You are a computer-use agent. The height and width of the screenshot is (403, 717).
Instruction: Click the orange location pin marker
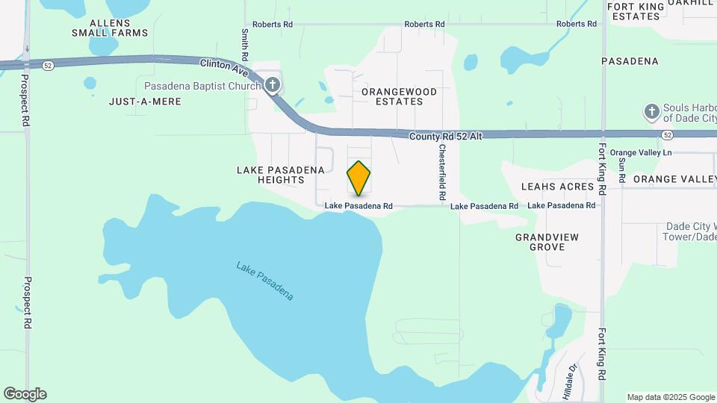click(x=359, y=178)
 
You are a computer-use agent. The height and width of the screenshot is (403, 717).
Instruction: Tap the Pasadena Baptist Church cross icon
click(x=273, y=85)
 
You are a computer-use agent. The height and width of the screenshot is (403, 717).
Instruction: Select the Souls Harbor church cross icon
click(x=651, y=113)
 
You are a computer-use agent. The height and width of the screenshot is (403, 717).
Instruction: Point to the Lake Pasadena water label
click(x=264, y=281)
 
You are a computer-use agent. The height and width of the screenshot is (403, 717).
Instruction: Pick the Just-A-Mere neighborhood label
click(x=145, y=101)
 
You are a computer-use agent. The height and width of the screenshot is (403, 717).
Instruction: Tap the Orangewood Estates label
click(x=399, y=96)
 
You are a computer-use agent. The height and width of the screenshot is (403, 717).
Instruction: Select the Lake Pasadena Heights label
click(x=281, y=175)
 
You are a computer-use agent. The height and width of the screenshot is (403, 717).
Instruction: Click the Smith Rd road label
click(x=245, y=45)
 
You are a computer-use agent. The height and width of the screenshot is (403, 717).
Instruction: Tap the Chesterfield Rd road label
click(x=442, y=172)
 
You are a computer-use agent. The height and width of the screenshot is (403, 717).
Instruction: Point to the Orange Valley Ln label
click(x=641, y=153)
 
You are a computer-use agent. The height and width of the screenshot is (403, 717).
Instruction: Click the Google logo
click(x=25, y=394)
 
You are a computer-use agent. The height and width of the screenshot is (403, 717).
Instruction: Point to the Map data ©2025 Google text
click(x=670, y=397)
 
